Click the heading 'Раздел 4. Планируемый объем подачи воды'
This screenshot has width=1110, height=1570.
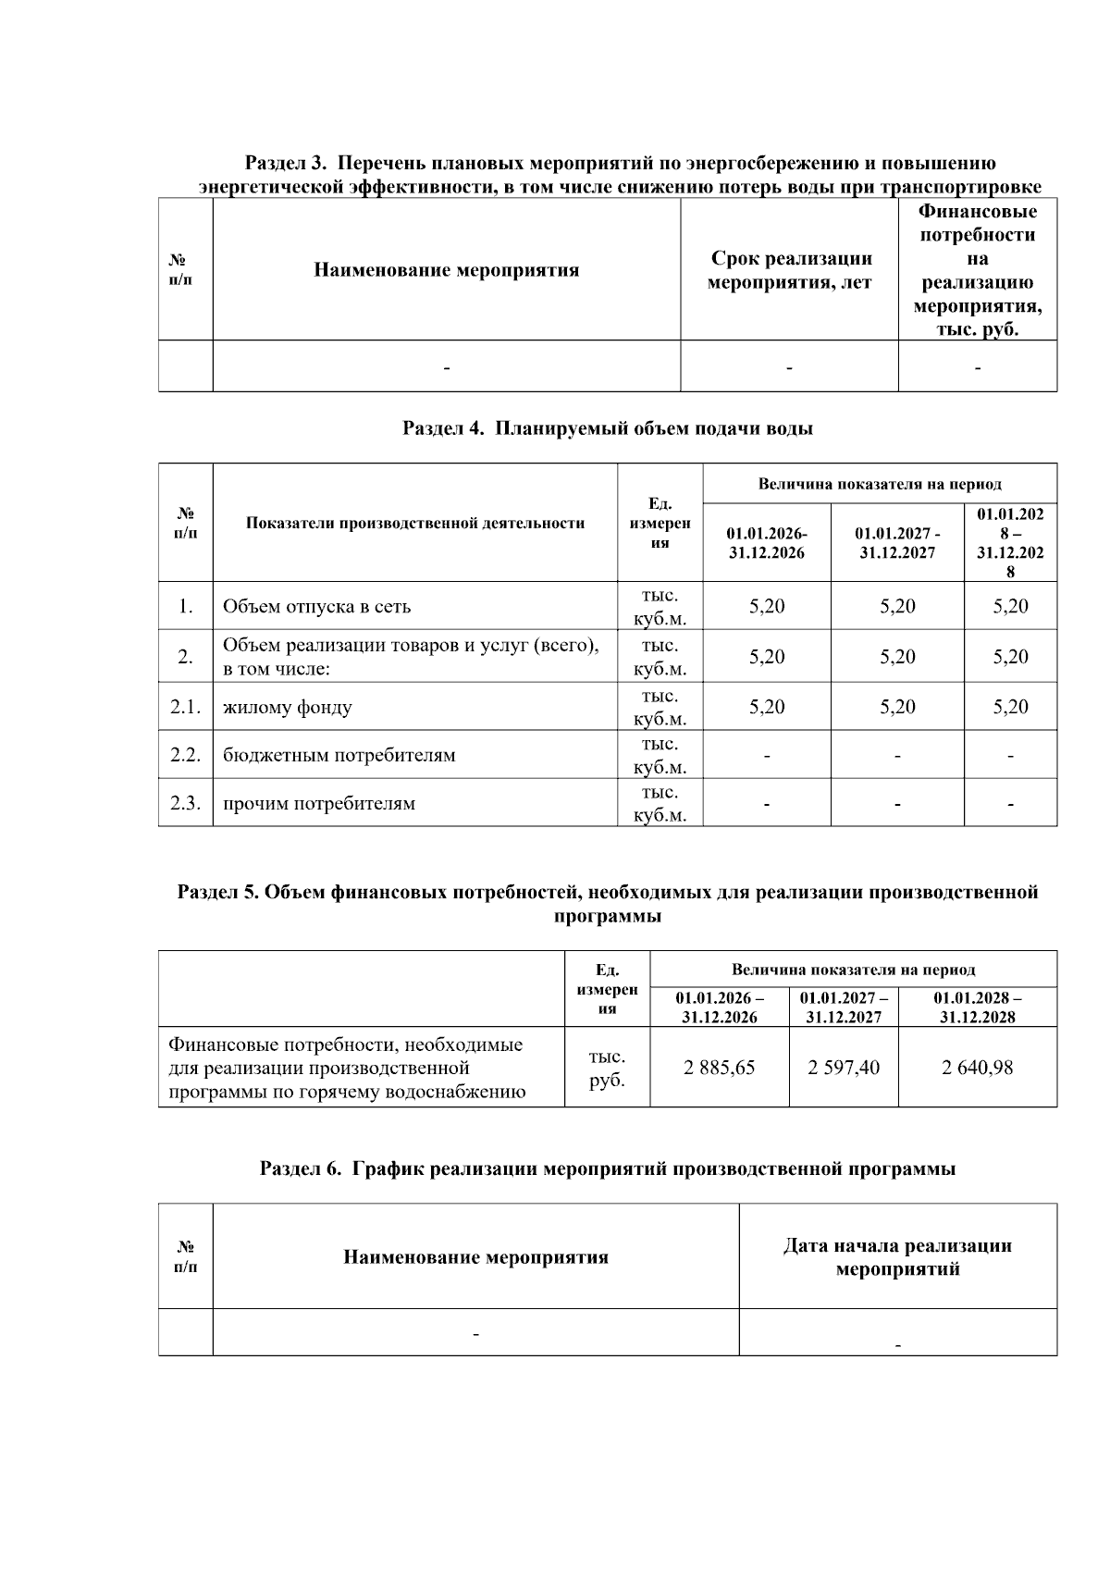[608, 428]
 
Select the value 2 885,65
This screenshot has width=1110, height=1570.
[719, 1068]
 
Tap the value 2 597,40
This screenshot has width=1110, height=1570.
[844, 1068]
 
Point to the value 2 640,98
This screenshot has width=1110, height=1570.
[977, 1068]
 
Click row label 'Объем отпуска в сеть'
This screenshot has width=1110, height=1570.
[316, 607]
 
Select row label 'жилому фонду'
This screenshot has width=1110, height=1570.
[287, 708]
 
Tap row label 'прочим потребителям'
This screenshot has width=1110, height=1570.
[318, 803]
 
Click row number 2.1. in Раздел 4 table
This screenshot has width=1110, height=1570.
[185, 707]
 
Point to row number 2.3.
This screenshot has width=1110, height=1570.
[185, 803]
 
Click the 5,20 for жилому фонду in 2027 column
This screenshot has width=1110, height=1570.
[897, 707]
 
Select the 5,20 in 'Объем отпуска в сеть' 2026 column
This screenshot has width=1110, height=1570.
[767, 607]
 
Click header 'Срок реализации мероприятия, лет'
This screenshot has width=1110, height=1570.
[789, 270]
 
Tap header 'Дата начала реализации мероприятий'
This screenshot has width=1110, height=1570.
[897, 1257]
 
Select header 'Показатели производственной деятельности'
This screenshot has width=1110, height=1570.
[415, 524]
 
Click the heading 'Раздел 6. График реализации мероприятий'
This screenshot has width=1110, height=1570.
[608, 1168]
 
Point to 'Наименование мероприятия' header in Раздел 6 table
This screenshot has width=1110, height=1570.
[475, 1257]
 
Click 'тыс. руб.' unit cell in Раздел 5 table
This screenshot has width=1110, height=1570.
[607, 1068]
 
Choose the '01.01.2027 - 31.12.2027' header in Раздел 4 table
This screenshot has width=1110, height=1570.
[897, 543]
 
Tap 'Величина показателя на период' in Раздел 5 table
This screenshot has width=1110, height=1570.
[853, 970]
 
